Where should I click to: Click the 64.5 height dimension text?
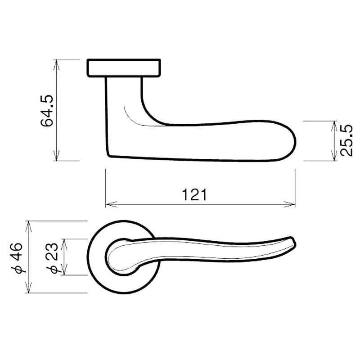(x=47, y=111)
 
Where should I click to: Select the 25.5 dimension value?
(x=346, y=141)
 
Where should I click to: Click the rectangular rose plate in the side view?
(x=123, y=68)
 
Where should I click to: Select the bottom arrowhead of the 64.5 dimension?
(x=56, y=157)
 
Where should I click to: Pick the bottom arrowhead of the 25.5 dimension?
(x=333, y=157)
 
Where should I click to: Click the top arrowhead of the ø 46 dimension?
(x=29, y=224)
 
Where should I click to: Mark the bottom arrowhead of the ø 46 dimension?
(x=29, y=290)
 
